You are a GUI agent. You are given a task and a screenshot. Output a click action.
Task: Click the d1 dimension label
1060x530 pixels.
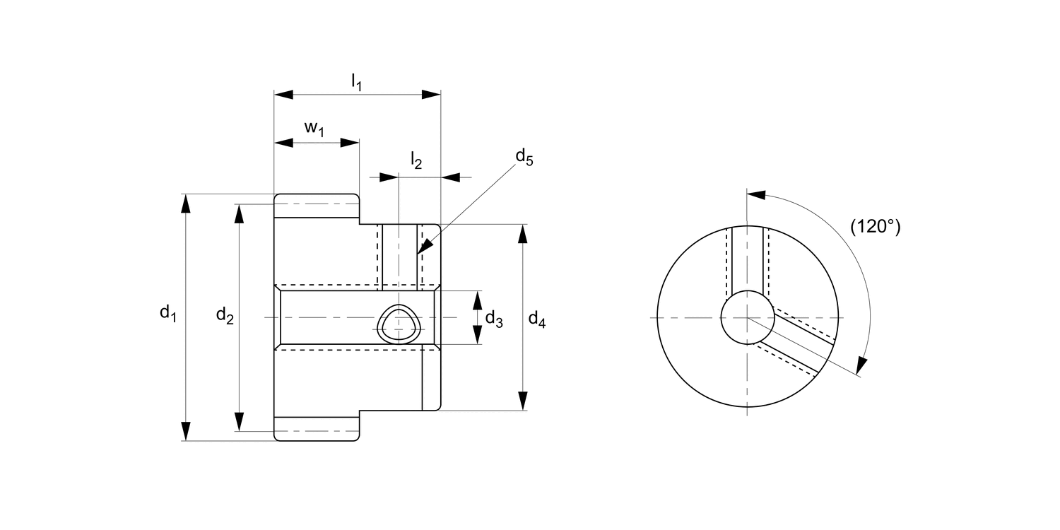click(167, 313)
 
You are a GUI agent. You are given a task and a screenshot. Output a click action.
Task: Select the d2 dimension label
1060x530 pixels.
click(224, 316)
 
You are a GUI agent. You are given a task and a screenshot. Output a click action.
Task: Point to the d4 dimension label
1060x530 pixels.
click(537, 319)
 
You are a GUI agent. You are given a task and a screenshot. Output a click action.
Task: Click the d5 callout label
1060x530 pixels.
click(524, 157)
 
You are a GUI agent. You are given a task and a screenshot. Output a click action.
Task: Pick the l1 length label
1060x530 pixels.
click(357, 83)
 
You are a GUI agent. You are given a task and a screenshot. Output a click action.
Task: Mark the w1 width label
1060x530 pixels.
click(314, 128)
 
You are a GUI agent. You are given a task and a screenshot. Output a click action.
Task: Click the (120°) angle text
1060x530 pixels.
click(876, 226)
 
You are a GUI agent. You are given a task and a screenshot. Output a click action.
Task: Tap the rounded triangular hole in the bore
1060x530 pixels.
click(399, 325)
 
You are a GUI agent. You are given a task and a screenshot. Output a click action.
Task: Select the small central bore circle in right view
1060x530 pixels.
click(747, 317)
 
